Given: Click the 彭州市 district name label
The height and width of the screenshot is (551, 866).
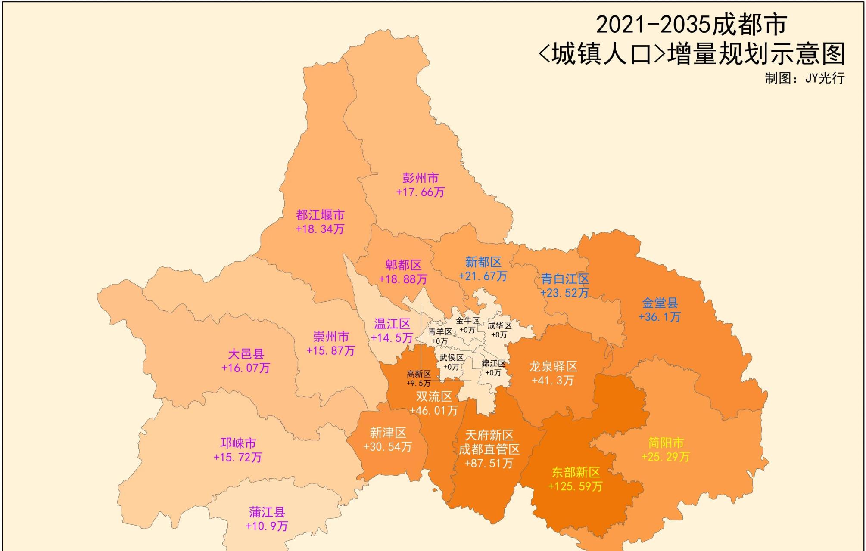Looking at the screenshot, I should tap(421, 178).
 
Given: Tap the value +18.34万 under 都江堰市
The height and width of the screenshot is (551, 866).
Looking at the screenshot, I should tap(320, 229).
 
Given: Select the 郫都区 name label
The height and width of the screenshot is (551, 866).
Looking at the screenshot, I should tap(403, 265).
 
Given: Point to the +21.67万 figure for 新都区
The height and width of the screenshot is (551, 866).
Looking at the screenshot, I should tap(483, 276).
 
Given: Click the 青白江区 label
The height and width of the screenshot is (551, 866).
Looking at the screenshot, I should tap(565, 279).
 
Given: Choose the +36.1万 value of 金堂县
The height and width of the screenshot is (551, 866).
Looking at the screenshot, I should tap(660, 317).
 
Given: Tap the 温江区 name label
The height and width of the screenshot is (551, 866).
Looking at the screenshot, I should tap(392, 324).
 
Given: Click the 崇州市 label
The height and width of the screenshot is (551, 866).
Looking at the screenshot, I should tap(330, 337).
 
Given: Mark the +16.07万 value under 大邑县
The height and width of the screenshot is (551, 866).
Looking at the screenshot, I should tap(246, 368).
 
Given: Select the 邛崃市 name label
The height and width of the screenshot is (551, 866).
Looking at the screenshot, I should tap(238, 443).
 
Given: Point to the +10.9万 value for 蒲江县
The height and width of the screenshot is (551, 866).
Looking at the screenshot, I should tap(267, 526).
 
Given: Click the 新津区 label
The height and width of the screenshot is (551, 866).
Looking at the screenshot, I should tap(388, 433).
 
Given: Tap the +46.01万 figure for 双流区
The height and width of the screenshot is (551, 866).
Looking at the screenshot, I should tap(433, 410).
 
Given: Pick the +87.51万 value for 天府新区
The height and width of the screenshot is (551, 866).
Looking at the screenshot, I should tap(489, 463).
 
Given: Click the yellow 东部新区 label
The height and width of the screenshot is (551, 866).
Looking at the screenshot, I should tap(576, 473).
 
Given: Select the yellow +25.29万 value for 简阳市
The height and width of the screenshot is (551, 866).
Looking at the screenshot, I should tap(666, 456).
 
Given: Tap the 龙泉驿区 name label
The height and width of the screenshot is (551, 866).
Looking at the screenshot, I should tap(553, 367).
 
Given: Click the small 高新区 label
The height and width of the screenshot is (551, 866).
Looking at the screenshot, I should tap(418, 374).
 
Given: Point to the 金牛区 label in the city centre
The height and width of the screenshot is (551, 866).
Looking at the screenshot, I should tap(467, 321).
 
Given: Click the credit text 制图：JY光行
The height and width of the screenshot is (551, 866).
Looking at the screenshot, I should tap(804, 78).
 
